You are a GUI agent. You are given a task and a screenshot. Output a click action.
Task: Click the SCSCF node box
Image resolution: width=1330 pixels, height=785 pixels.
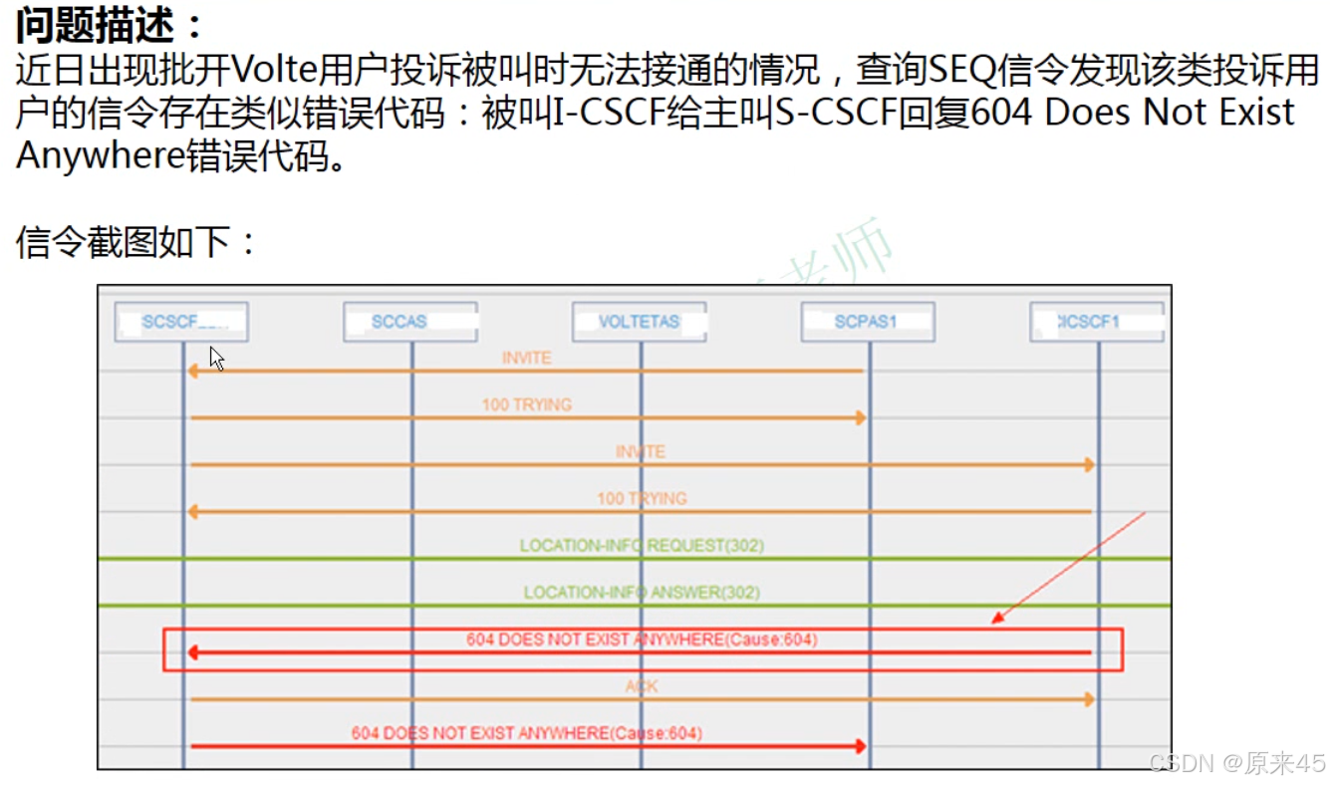point(181,322)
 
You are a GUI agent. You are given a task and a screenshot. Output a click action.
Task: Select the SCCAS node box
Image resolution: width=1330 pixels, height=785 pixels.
point(409,322)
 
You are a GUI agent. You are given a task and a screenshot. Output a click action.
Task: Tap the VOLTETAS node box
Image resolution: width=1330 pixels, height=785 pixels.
point(639,322)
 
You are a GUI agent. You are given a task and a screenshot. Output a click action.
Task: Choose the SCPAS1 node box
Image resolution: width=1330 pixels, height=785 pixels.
point(867,322)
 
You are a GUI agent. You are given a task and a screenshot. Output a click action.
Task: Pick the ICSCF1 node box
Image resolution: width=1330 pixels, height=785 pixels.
point(1096,322)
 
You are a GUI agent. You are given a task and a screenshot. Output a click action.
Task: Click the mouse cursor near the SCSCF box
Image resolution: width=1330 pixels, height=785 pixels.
point(216,359)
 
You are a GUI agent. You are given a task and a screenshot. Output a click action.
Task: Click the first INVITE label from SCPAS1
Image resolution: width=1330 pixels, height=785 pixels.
point(526,358)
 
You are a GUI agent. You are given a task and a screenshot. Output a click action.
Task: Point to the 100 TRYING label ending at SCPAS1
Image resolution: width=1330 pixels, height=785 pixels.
point(526,404)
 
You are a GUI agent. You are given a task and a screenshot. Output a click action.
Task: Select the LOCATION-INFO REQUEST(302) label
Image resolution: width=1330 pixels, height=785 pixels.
point(642,545)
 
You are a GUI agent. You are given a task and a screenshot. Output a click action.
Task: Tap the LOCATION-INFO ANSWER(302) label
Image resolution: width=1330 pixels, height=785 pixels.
point(642,592)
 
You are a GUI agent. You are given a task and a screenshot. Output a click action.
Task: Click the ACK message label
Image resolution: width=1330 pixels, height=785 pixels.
point(642,686)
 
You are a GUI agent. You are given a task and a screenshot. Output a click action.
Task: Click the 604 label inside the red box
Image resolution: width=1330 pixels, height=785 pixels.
point(642,640)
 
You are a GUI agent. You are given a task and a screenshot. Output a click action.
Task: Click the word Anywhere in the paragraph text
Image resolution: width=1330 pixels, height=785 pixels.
point(100,156)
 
